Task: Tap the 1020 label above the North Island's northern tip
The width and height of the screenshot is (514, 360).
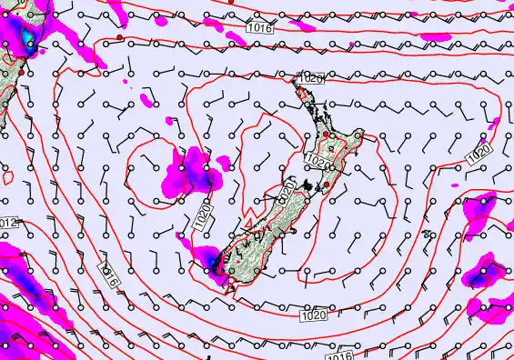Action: [x=310, y=79]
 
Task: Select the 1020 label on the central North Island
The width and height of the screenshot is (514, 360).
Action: [x=317, y=160]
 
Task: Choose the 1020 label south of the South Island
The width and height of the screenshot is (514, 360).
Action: [x=312, y=315]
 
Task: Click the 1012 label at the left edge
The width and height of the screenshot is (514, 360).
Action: [x=8, y=223]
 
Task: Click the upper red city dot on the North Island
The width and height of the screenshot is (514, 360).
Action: [x=326, y=135]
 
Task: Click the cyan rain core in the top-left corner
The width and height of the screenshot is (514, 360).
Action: [x=27, y=36]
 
